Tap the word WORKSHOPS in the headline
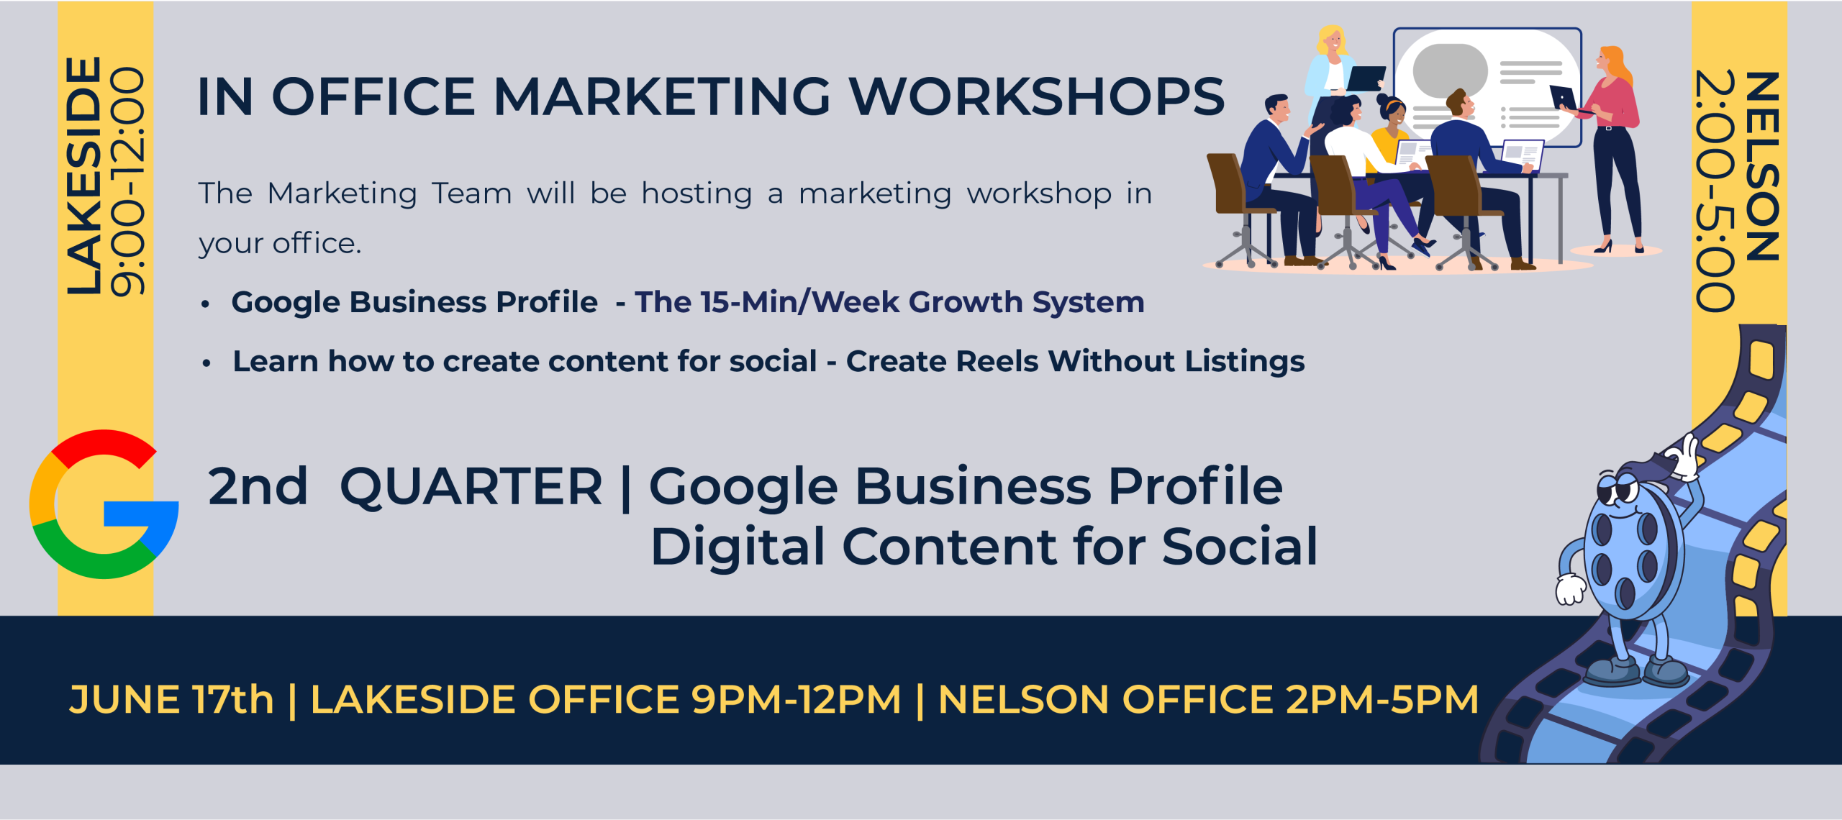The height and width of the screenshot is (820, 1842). [x=1037, y=96]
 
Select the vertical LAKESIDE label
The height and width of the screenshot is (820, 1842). [x=83, y=176]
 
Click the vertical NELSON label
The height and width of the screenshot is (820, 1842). [x=1762, y=166]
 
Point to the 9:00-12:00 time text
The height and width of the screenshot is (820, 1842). [x=128, y=181]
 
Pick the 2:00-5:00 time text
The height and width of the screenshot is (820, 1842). [x=1715, y=191]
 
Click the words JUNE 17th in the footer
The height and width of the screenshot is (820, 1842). [x=171, y=699]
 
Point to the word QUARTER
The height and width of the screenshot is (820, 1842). [x=471, y=487]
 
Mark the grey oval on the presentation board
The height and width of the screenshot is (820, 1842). [x=1450, y=70]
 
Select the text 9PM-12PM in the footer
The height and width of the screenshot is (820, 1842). [x=796, y=699]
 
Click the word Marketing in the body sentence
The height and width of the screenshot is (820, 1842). [x=342, y=193]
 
